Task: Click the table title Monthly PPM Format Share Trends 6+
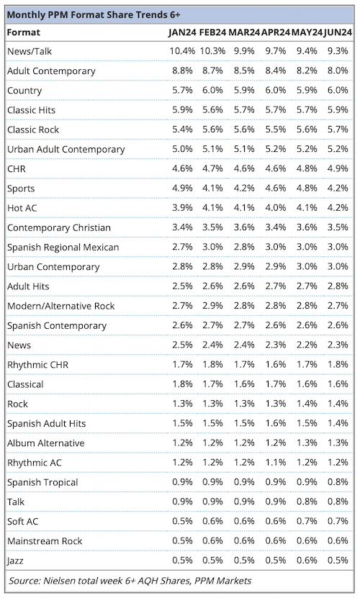94,15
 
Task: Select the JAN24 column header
182,32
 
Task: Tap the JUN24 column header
338,32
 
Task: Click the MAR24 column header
244,32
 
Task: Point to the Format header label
23,32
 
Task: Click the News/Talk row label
30,51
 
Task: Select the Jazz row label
15,561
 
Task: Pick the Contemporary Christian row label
59,227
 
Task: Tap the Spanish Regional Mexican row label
63,247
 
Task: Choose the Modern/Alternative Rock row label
61,306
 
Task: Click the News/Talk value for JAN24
182,50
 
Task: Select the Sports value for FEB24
212,188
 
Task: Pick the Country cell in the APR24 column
276,90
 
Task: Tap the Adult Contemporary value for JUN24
338,71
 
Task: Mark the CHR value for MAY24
307,168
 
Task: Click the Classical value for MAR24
244,384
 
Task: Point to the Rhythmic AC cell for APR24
276,462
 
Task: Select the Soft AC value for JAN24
182,521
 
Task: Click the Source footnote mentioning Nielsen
130,581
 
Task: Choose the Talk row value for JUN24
338,501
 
